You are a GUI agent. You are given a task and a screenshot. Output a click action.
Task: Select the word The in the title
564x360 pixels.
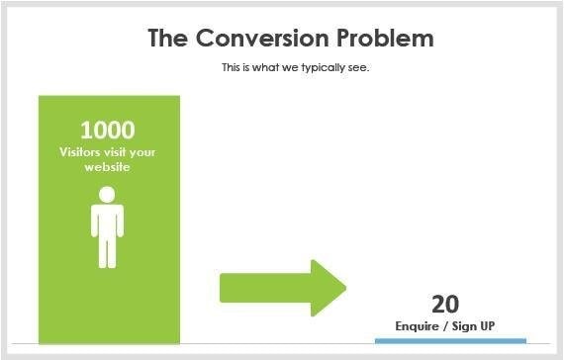pyautogui.click(x=168, y=39)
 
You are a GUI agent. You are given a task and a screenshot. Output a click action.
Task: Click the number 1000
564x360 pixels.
pyautogui.click(x=108, y=130)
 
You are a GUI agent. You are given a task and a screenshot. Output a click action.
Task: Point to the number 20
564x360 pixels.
pyautogui.click(x=445, y=304)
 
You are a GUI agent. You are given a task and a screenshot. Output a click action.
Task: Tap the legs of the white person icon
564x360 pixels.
pyautogui.click(x=108, y=251)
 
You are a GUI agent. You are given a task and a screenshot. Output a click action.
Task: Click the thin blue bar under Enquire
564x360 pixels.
pyautogui.click(x=450, y=340)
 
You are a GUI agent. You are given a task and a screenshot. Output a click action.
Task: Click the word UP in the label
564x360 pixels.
pyautogui.click(x=488, y=325)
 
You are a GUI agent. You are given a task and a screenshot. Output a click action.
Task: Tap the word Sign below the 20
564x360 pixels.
pyautogui.click(x=464, y=325)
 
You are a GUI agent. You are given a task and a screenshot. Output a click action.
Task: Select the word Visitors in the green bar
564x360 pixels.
pyautogui.click(x=82, y=152)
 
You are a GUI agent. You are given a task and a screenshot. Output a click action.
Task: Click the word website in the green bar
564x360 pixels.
pyautogui.click(x=108, y=167)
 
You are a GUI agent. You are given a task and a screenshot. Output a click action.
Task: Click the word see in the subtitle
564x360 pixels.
pyautogui.click(x=359, y=68)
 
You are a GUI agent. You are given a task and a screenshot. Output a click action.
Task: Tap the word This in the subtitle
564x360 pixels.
pyautogui.click(x=232, y=68)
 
